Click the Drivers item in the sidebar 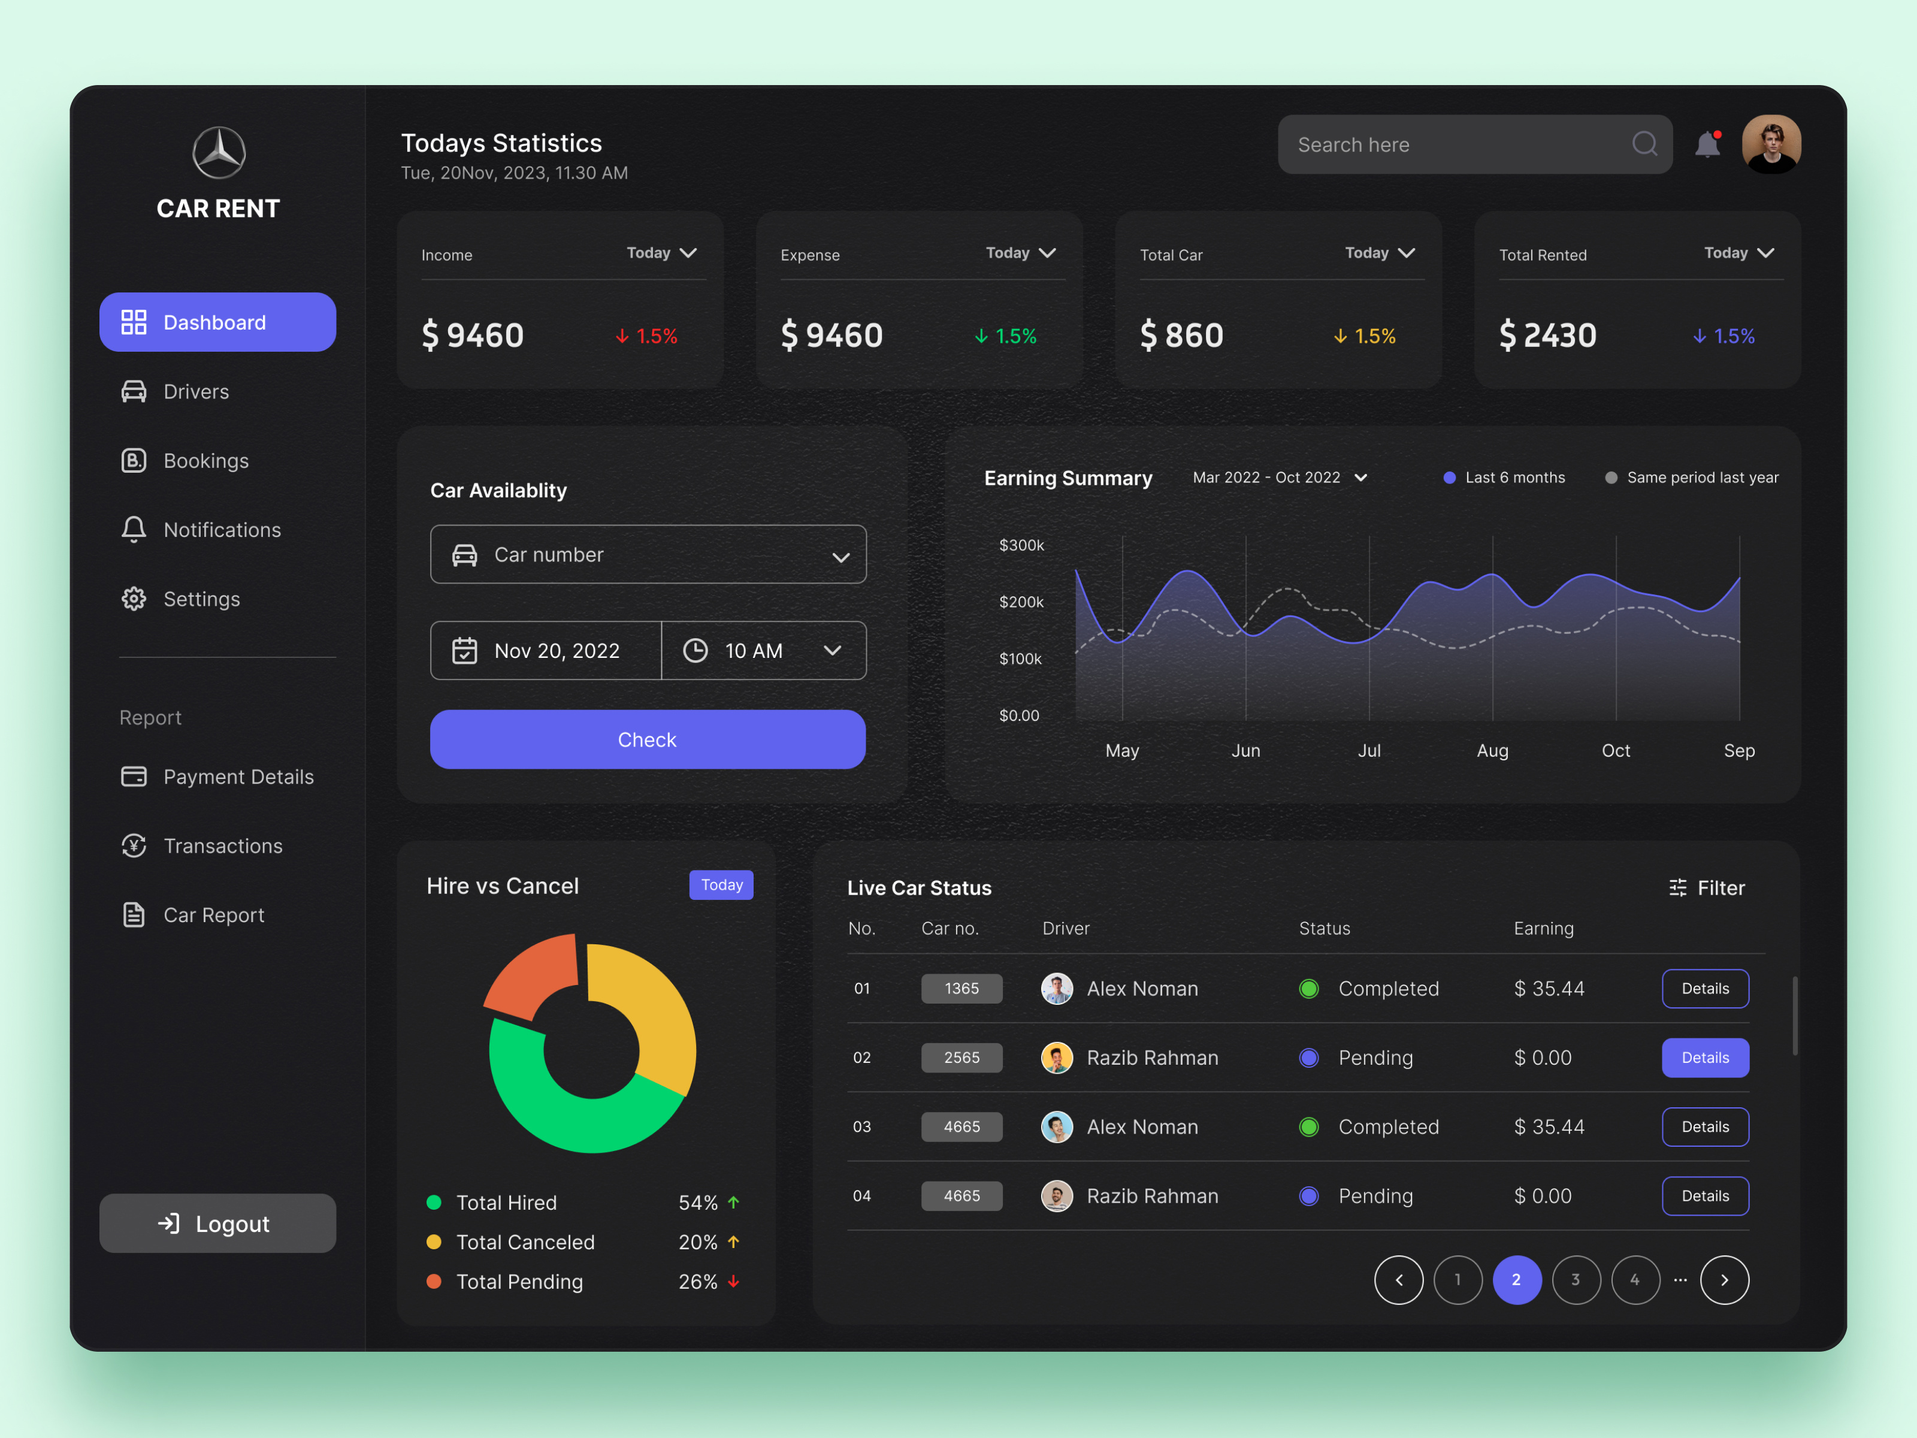coord(196,392)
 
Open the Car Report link coord(213,916)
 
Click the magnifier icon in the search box coord(1644,144)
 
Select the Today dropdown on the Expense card coord(1020,253)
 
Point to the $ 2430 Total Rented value coord(1548,336)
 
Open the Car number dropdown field coord(648,555)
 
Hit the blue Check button coord(648,739)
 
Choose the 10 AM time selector coord(763,651)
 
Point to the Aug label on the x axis coord(1492,751)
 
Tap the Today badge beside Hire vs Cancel coord(721,885)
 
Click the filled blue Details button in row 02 coord(1705,1058)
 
